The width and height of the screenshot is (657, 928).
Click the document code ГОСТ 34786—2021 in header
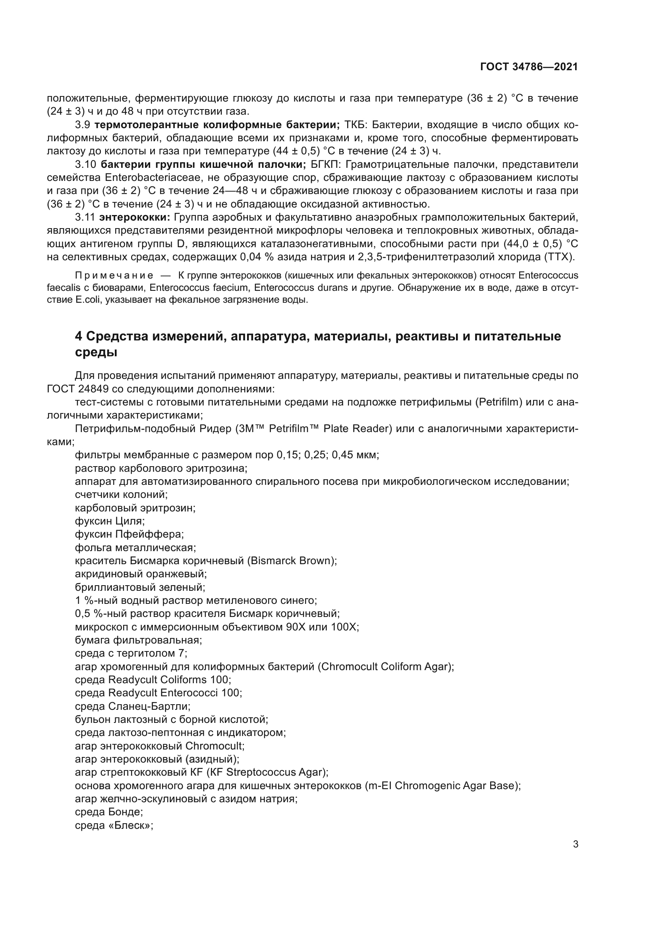[x=529, y=67]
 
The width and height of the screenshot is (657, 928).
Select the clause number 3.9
[x=83, y=125]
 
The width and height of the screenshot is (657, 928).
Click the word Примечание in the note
[x=114, y=276]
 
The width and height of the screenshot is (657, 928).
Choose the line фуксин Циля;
[x=110, y=521]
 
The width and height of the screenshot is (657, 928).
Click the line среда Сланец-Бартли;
[x=133, y=707]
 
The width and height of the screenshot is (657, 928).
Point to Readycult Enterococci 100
[x=175, y=693]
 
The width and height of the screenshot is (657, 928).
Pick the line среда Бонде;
[x=109, y=813]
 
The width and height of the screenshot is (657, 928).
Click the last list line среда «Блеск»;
[x=114, y=825]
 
